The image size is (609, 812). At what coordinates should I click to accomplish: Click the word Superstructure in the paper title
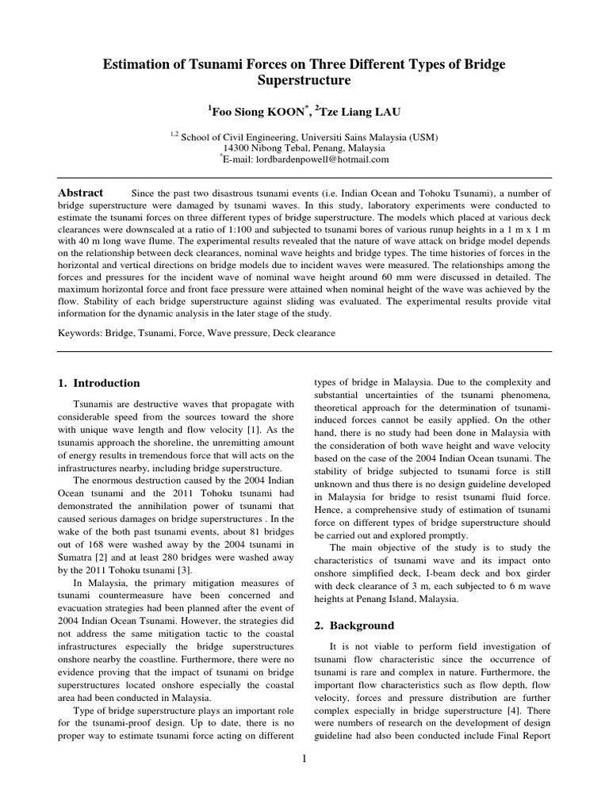coord(304,80)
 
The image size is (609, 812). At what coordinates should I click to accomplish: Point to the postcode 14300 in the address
coord(237,147)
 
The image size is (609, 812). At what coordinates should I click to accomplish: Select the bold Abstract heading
coord(81,193)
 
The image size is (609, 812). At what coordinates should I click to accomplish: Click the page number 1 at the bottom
coord(304,759)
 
